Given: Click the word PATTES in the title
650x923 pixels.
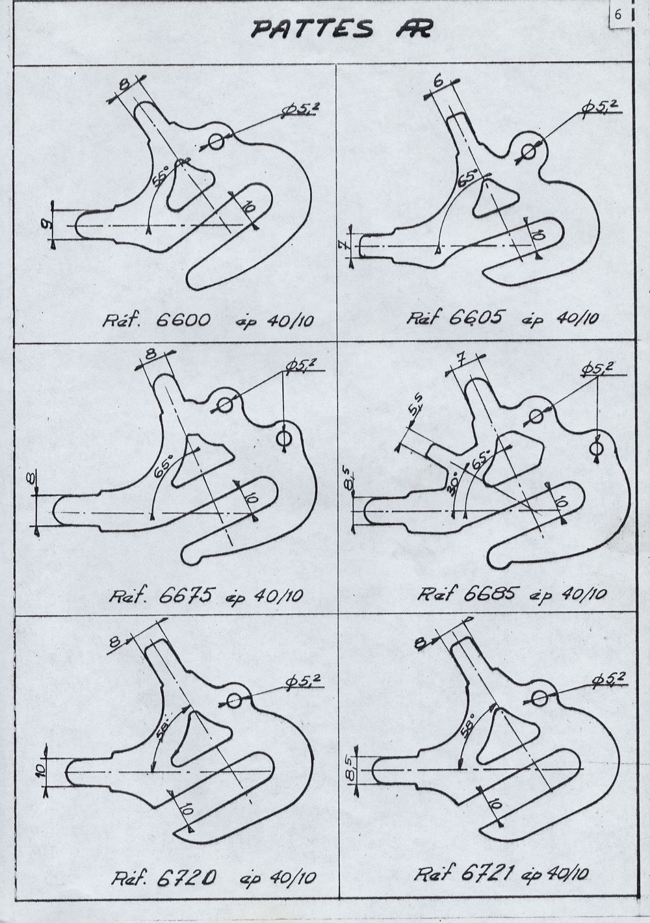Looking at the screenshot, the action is pos(313,30).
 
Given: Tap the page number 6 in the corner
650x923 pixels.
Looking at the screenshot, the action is pos(618,15).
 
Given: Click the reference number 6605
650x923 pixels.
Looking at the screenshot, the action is pos(476,317).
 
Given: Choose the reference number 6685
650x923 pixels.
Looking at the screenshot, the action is pos(490,593).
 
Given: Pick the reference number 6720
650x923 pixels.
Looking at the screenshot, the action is pos(186,877).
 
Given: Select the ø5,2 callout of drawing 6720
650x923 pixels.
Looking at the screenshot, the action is pos(304,681).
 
